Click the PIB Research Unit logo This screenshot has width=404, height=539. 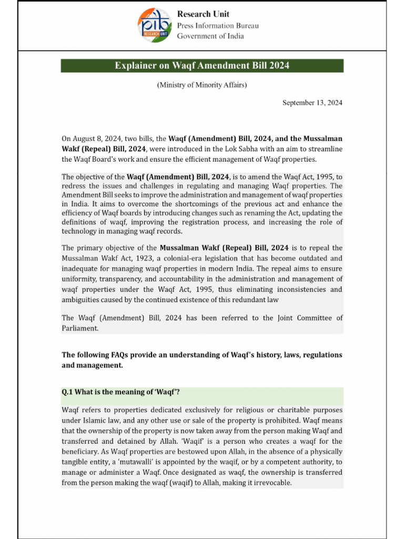pyautogui.click(x=155, y=26)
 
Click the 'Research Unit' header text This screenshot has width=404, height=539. pyautogui.click(x=203, y=14)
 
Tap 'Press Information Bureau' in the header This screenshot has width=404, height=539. pyautogui.click(x=217, y=25)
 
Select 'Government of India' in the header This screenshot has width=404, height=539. pyautogui.click(x=210, y=36)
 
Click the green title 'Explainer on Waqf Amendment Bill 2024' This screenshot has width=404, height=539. pyautogui.click(x=202, y=66)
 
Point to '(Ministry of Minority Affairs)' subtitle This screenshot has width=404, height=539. pyautogui.click(x=202, y=85)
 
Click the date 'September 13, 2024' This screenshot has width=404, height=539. pyautogui.click(x=312, y=103)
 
